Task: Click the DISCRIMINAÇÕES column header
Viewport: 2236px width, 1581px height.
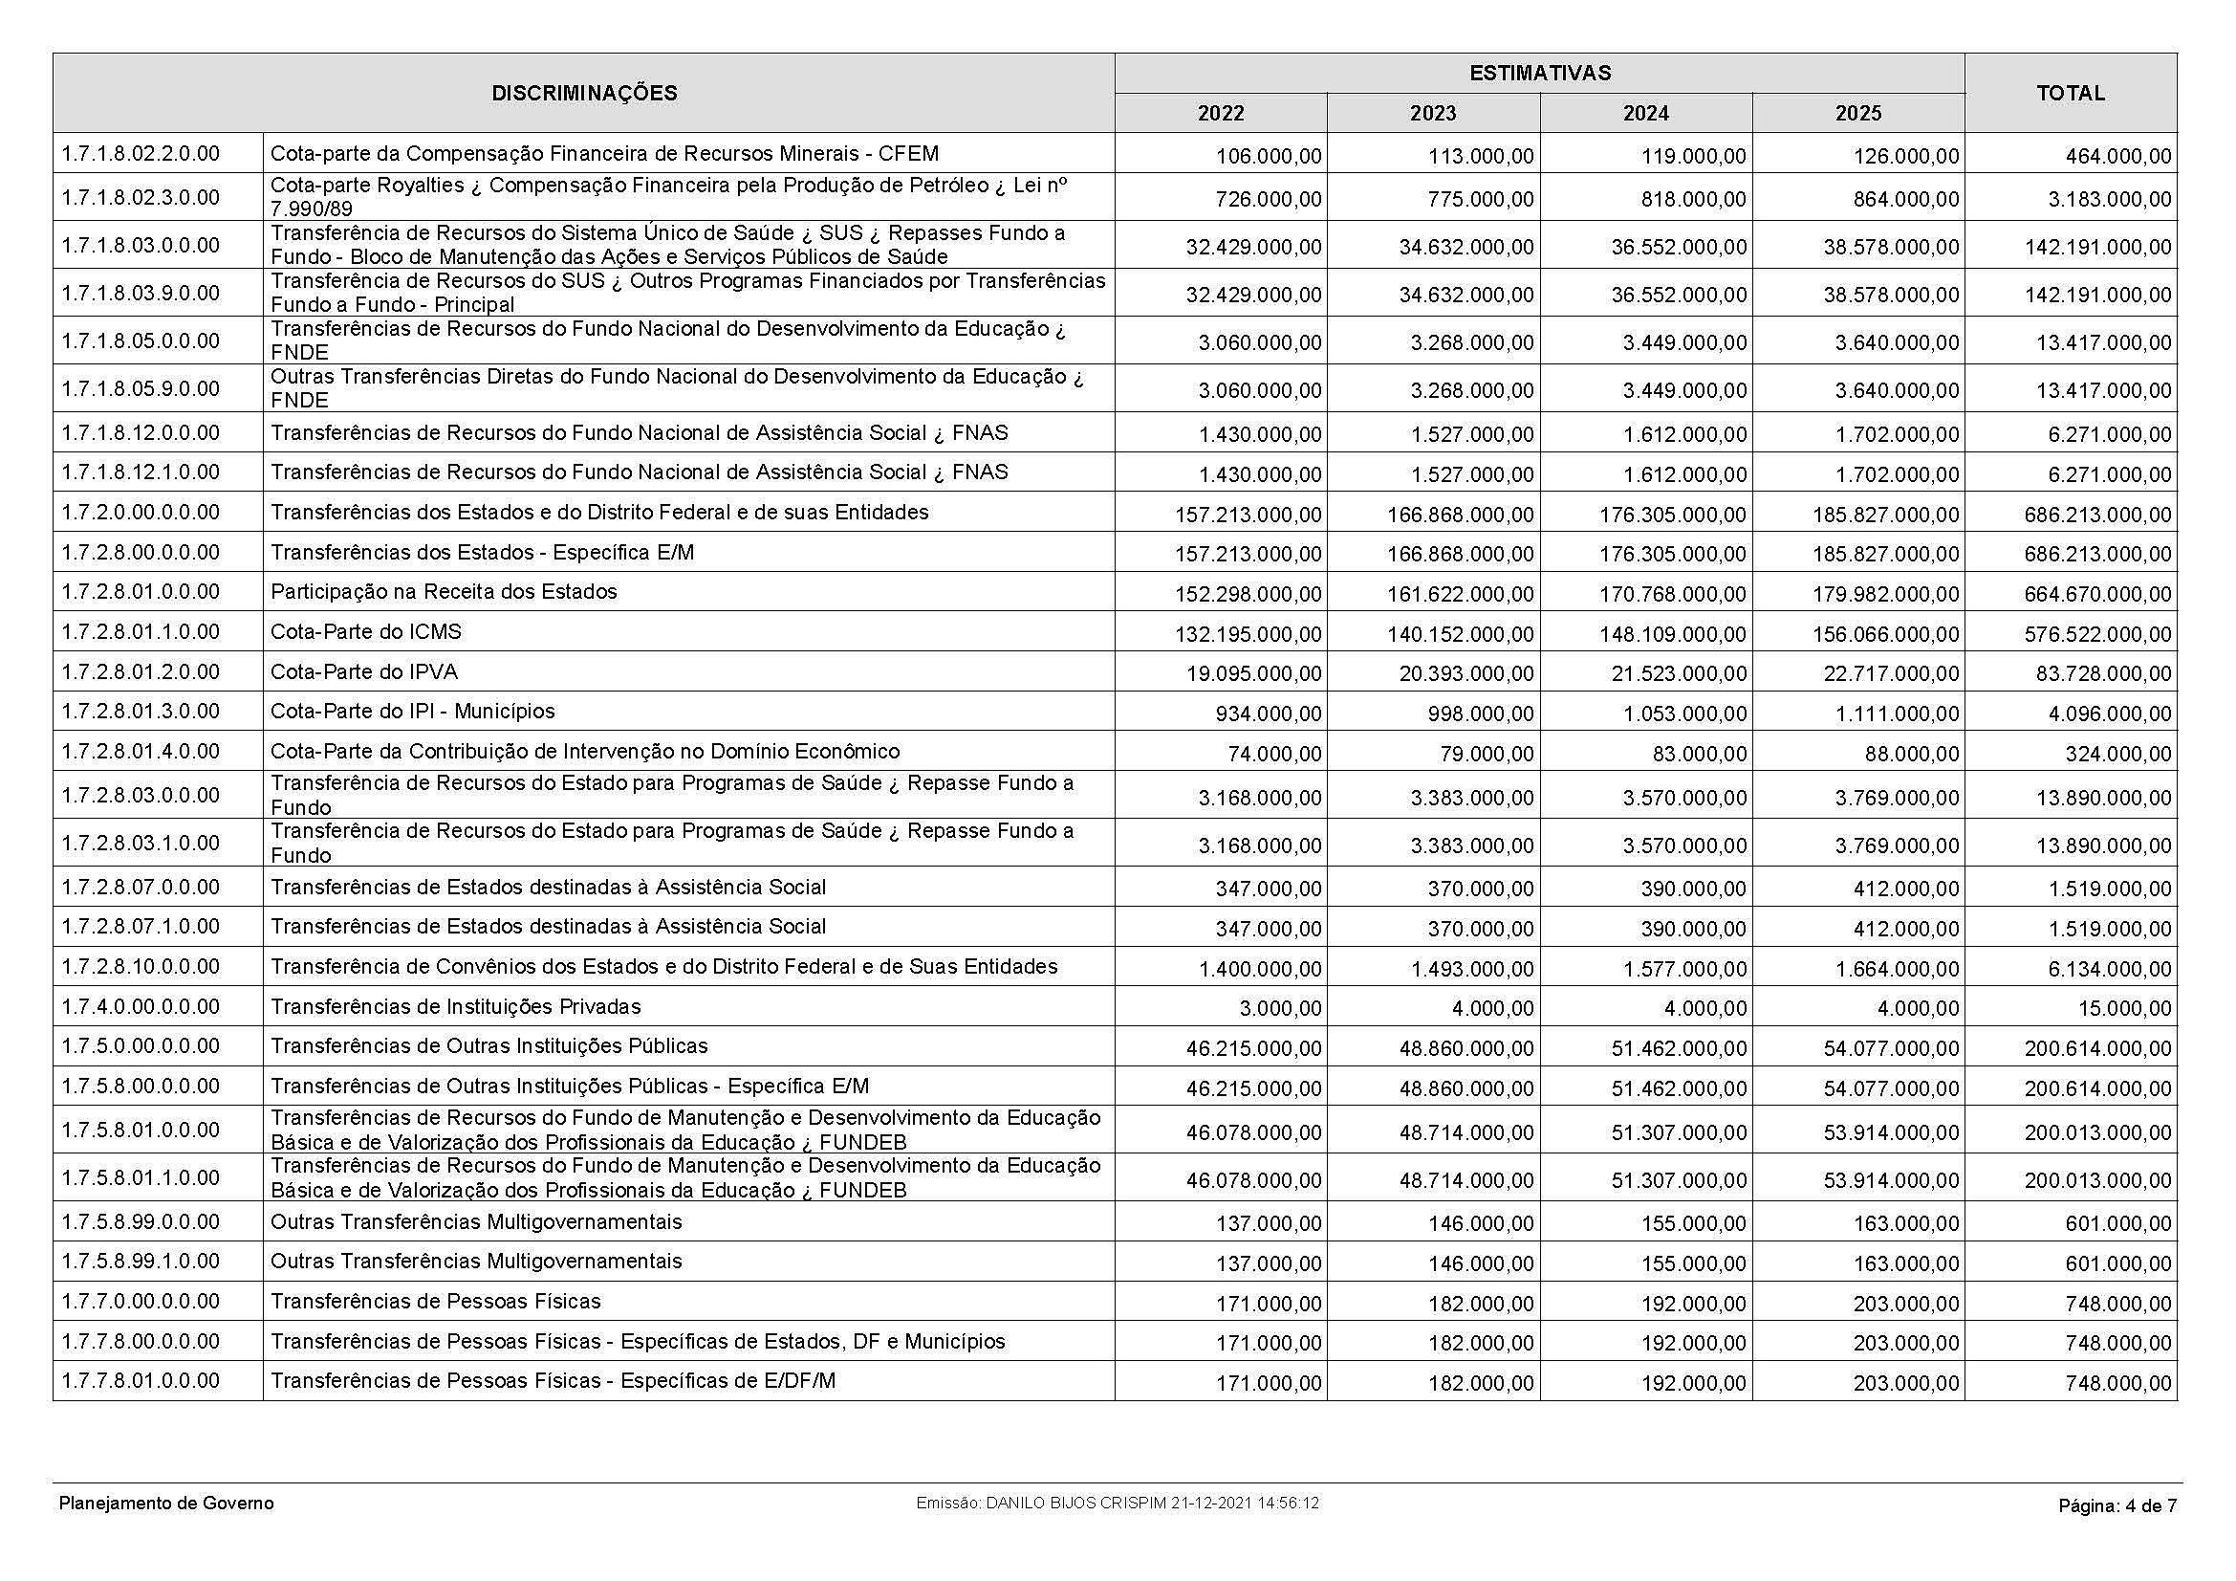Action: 583,94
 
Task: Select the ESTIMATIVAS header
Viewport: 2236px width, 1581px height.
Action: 1539,73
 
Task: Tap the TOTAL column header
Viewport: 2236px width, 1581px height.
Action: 2071,94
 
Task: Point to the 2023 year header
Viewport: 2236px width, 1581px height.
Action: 1433,114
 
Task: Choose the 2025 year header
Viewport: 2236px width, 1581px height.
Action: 1858,114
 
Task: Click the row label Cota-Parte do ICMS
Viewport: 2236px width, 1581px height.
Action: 366,632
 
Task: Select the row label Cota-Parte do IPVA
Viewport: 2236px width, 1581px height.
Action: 364,672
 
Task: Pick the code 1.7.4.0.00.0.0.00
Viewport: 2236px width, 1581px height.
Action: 141,1006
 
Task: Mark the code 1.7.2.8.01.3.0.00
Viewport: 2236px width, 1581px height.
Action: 141,711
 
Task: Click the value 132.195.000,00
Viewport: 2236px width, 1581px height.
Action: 1249,634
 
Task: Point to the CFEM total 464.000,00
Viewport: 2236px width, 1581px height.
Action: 2118,156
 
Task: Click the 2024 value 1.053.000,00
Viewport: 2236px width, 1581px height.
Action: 1683,714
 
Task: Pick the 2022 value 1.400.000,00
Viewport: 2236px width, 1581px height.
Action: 1260,969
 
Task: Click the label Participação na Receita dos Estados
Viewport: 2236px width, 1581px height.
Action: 445,592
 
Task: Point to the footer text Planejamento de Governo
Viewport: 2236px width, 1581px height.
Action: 166,1504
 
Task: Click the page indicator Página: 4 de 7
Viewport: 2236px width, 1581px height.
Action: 2117,1506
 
